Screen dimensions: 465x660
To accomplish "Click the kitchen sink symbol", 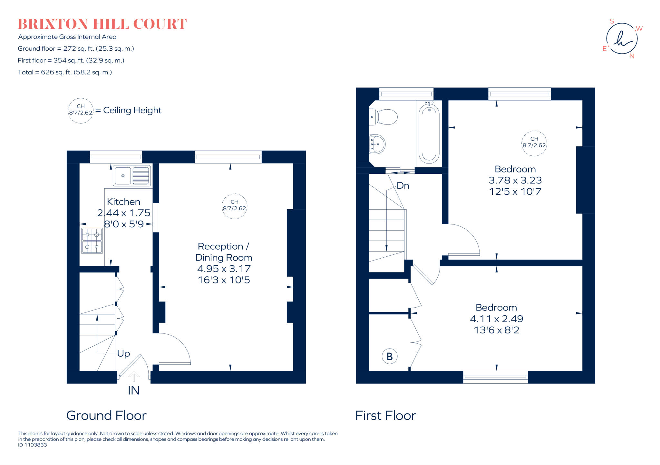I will (x=132, y=176).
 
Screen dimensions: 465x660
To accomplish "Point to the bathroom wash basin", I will (x=377, y=144).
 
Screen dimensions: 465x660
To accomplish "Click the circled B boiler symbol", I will (x=389, y=356).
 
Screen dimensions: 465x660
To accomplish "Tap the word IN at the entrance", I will (x=134, y=391).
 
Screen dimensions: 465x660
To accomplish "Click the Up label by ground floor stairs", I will (x=123, y=353).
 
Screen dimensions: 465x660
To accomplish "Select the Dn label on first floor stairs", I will (x=403, y=186).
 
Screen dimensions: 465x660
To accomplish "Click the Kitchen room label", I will (x=123, y=202).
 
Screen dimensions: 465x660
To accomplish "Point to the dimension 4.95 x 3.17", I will (x=224, y=269).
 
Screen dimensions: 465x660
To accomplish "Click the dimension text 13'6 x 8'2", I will (x=496, y=330).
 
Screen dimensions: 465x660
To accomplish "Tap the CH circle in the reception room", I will (x=234, y=206).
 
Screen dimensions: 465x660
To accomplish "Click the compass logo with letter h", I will (x=622, y=39).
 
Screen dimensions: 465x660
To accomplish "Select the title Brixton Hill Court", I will (x=102, y=24).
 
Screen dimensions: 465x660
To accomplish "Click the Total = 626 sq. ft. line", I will (x=65, y=72).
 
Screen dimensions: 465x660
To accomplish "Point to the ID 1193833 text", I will (x=33, y=445).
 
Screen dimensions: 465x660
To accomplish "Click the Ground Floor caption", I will (x=106, y=416).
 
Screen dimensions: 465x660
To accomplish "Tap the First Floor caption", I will (x=385, y=416).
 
